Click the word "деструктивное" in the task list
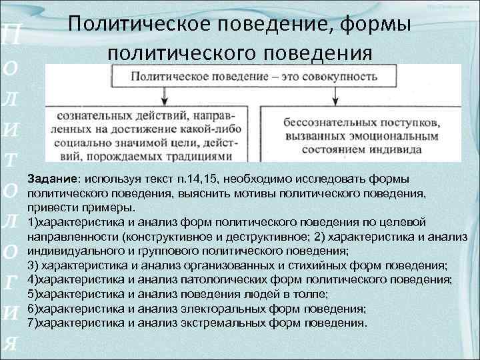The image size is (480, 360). click(257, 236)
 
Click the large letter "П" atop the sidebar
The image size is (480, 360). click(13, 34)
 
